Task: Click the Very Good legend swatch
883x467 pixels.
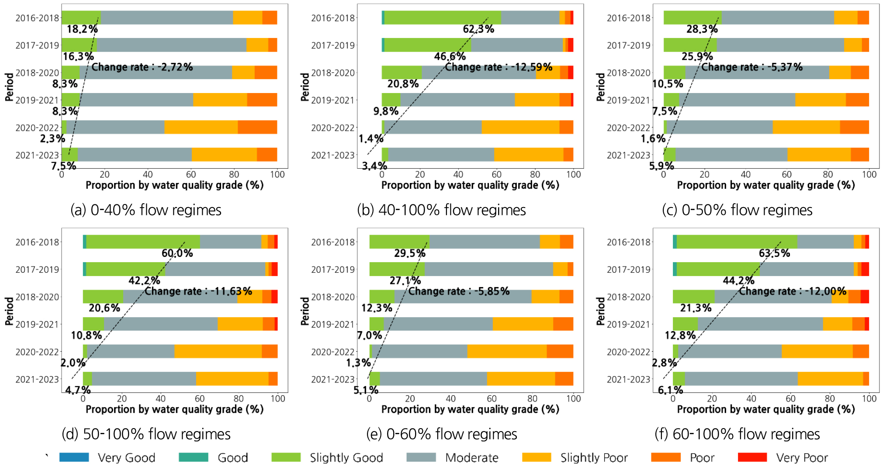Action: [x=74, y=457]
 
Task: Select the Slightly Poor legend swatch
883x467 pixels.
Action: [x=537, y=457]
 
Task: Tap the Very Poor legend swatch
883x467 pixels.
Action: [x=752, y=457]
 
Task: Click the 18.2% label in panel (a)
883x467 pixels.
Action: [x=82, y=29]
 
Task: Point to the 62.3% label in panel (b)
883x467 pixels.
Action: [x=478, y=29]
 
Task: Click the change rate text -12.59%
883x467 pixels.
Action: [x=499, y=67]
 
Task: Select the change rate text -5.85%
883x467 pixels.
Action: [x=459, y=291]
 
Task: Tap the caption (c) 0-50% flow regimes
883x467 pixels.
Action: [x=737, y=210]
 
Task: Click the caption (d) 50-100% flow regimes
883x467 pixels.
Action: [x=146, y=434]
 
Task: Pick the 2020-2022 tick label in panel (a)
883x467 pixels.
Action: [x=37, y=128]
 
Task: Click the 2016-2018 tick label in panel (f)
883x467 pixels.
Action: [x=628, y=242]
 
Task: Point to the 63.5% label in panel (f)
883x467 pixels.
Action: [x=774, y=253]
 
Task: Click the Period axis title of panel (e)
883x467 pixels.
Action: [x=305, y=311]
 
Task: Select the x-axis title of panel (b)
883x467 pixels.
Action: [x=470, y=185]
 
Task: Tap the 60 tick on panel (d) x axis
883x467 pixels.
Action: [x=200, y=398]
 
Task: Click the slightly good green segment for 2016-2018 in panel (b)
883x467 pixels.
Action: [x=442, y=18]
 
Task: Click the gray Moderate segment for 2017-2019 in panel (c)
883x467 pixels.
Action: [x=780, y=45]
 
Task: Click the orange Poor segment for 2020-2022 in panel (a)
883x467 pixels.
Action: [x=257, y=127]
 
